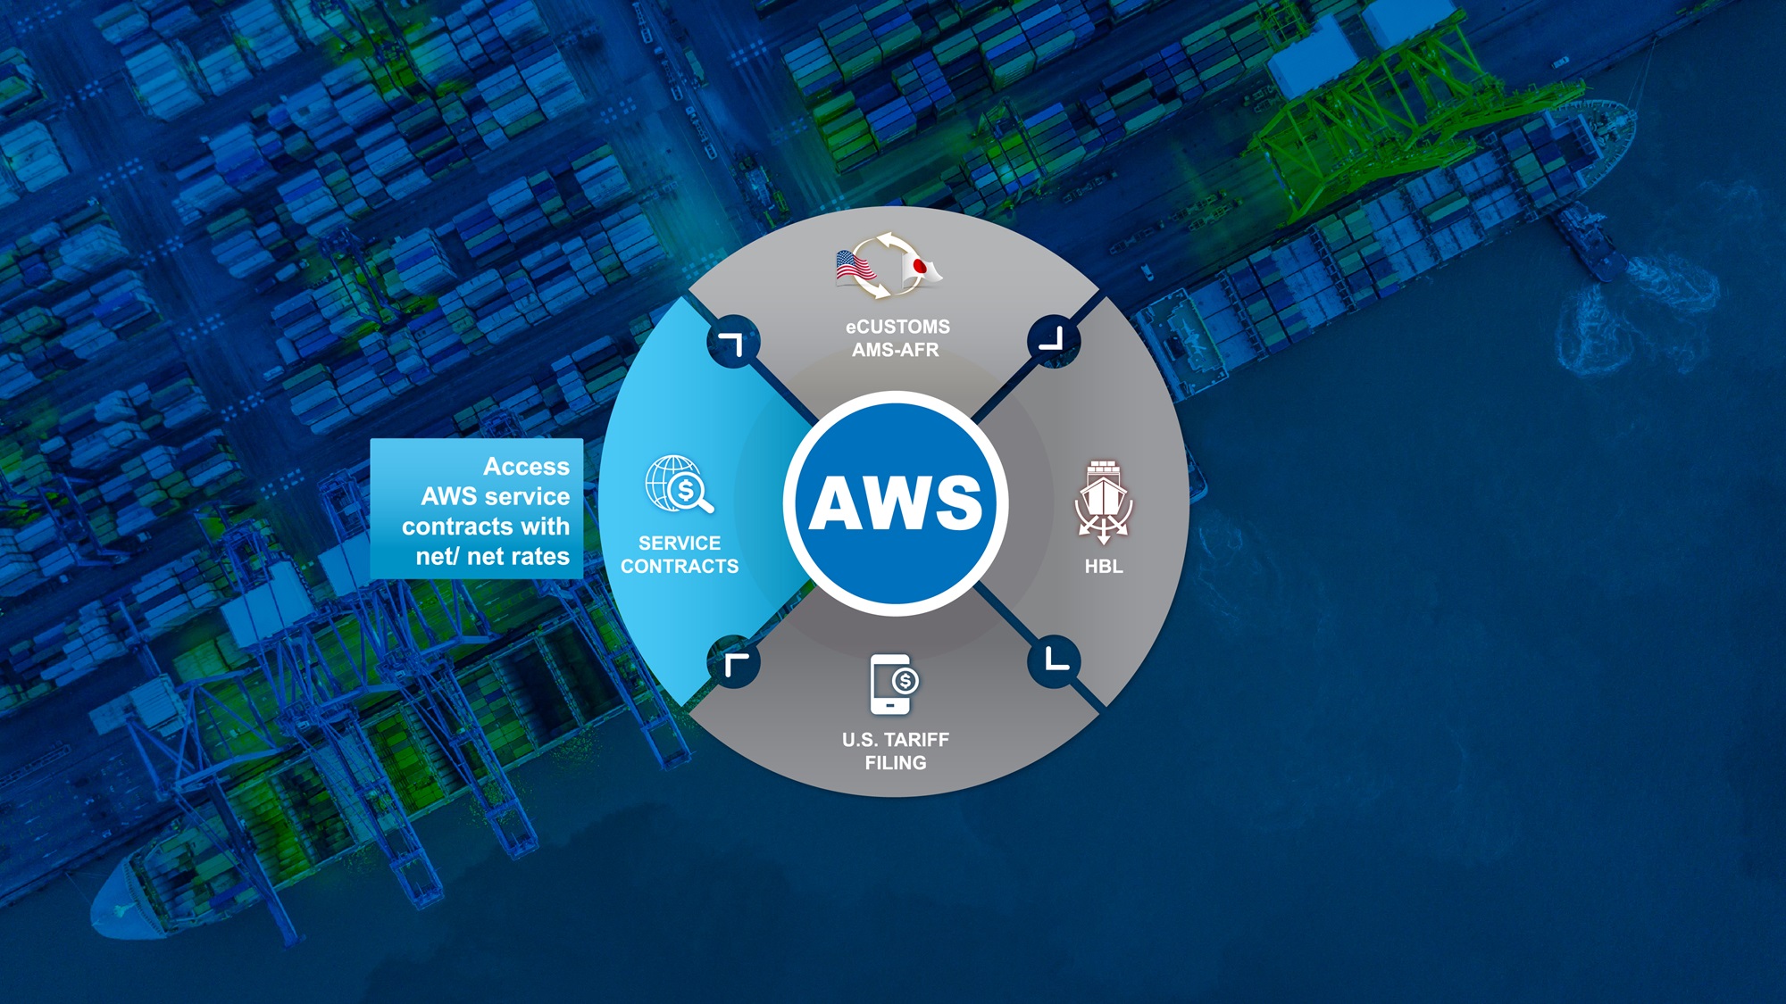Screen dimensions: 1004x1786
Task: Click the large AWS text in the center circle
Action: click(x=896, y=502)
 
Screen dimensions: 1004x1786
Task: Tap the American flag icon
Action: click(x=855, y=267)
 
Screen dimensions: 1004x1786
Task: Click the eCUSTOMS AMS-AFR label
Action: click(x=897, y=338)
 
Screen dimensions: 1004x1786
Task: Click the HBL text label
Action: click(x=1104, y=566)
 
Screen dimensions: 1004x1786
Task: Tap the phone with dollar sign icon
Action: click(x=894, y=685)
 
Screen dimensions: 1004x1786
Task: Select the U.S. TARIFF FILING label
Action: click(x=896, y=751)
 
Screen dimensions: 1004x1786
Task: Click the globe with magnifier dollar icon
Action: click(x=680, y=485)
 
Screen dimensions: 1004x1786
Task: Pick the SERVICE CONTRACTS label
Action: click(x=680, y=554)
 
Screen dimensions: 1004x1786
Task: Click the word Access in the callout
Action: click(x=526, y=467)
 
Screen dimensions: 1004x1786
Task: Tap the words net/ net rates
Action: click(x=492, y=557)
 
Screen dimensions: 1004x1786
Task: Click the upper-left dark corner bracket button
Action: click(x=733, y=342)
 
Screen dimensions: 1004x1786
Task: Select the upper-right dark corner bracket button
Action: click(x=1054, y=340)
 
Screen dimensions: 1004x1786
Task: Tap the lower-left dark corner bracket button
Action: click(x=734, y=662)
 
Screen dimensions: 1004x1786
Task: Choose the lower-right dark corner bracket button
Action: click(x=1055, y=661)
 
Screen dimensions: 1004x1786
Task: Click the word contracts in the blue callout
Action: click(x=458, y=527)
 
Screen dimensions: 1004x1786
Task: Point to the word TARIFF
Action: click(x=916, y=740)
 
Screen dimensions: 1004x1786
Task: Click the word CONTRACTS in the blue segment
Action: click(x=680, y=566)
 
